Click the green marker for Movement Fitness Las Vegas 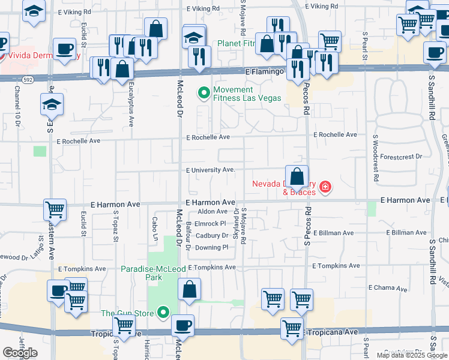click(203, 93)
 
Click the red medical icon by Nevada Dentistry click(325, 188)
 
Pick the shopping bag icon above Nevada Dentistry click(297, 176)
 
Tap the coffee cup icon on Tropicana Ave click(182, 326)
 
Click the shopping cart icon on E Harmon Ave click(54, 209)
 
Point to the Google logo click(20, 352)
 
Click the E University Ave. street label click(210, 170)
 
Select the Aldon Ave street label click(212, 212)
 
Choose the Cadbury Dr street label click(212, 236)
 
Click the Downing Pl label click(212, 247)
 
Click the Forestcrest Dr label click(402, 156)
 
